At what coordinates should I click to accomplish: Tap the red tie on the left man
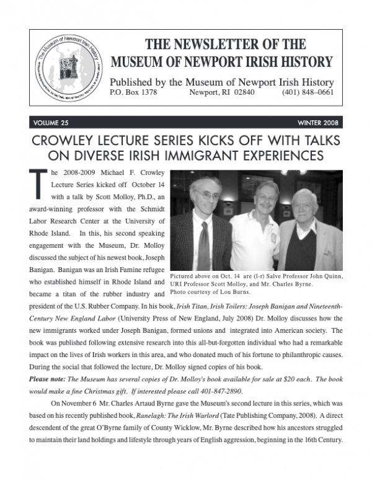click(x=203, y=248)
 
